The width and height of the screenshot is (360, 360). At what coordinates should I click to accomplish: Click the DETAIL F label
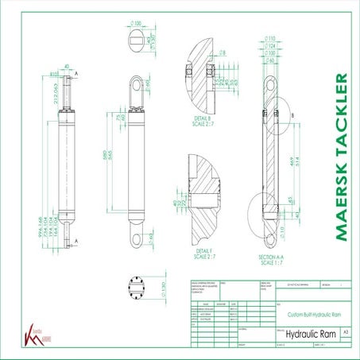(204, 253)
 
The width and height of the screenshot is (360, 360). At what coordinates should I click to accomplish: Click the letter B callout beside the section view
(293, 114)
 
